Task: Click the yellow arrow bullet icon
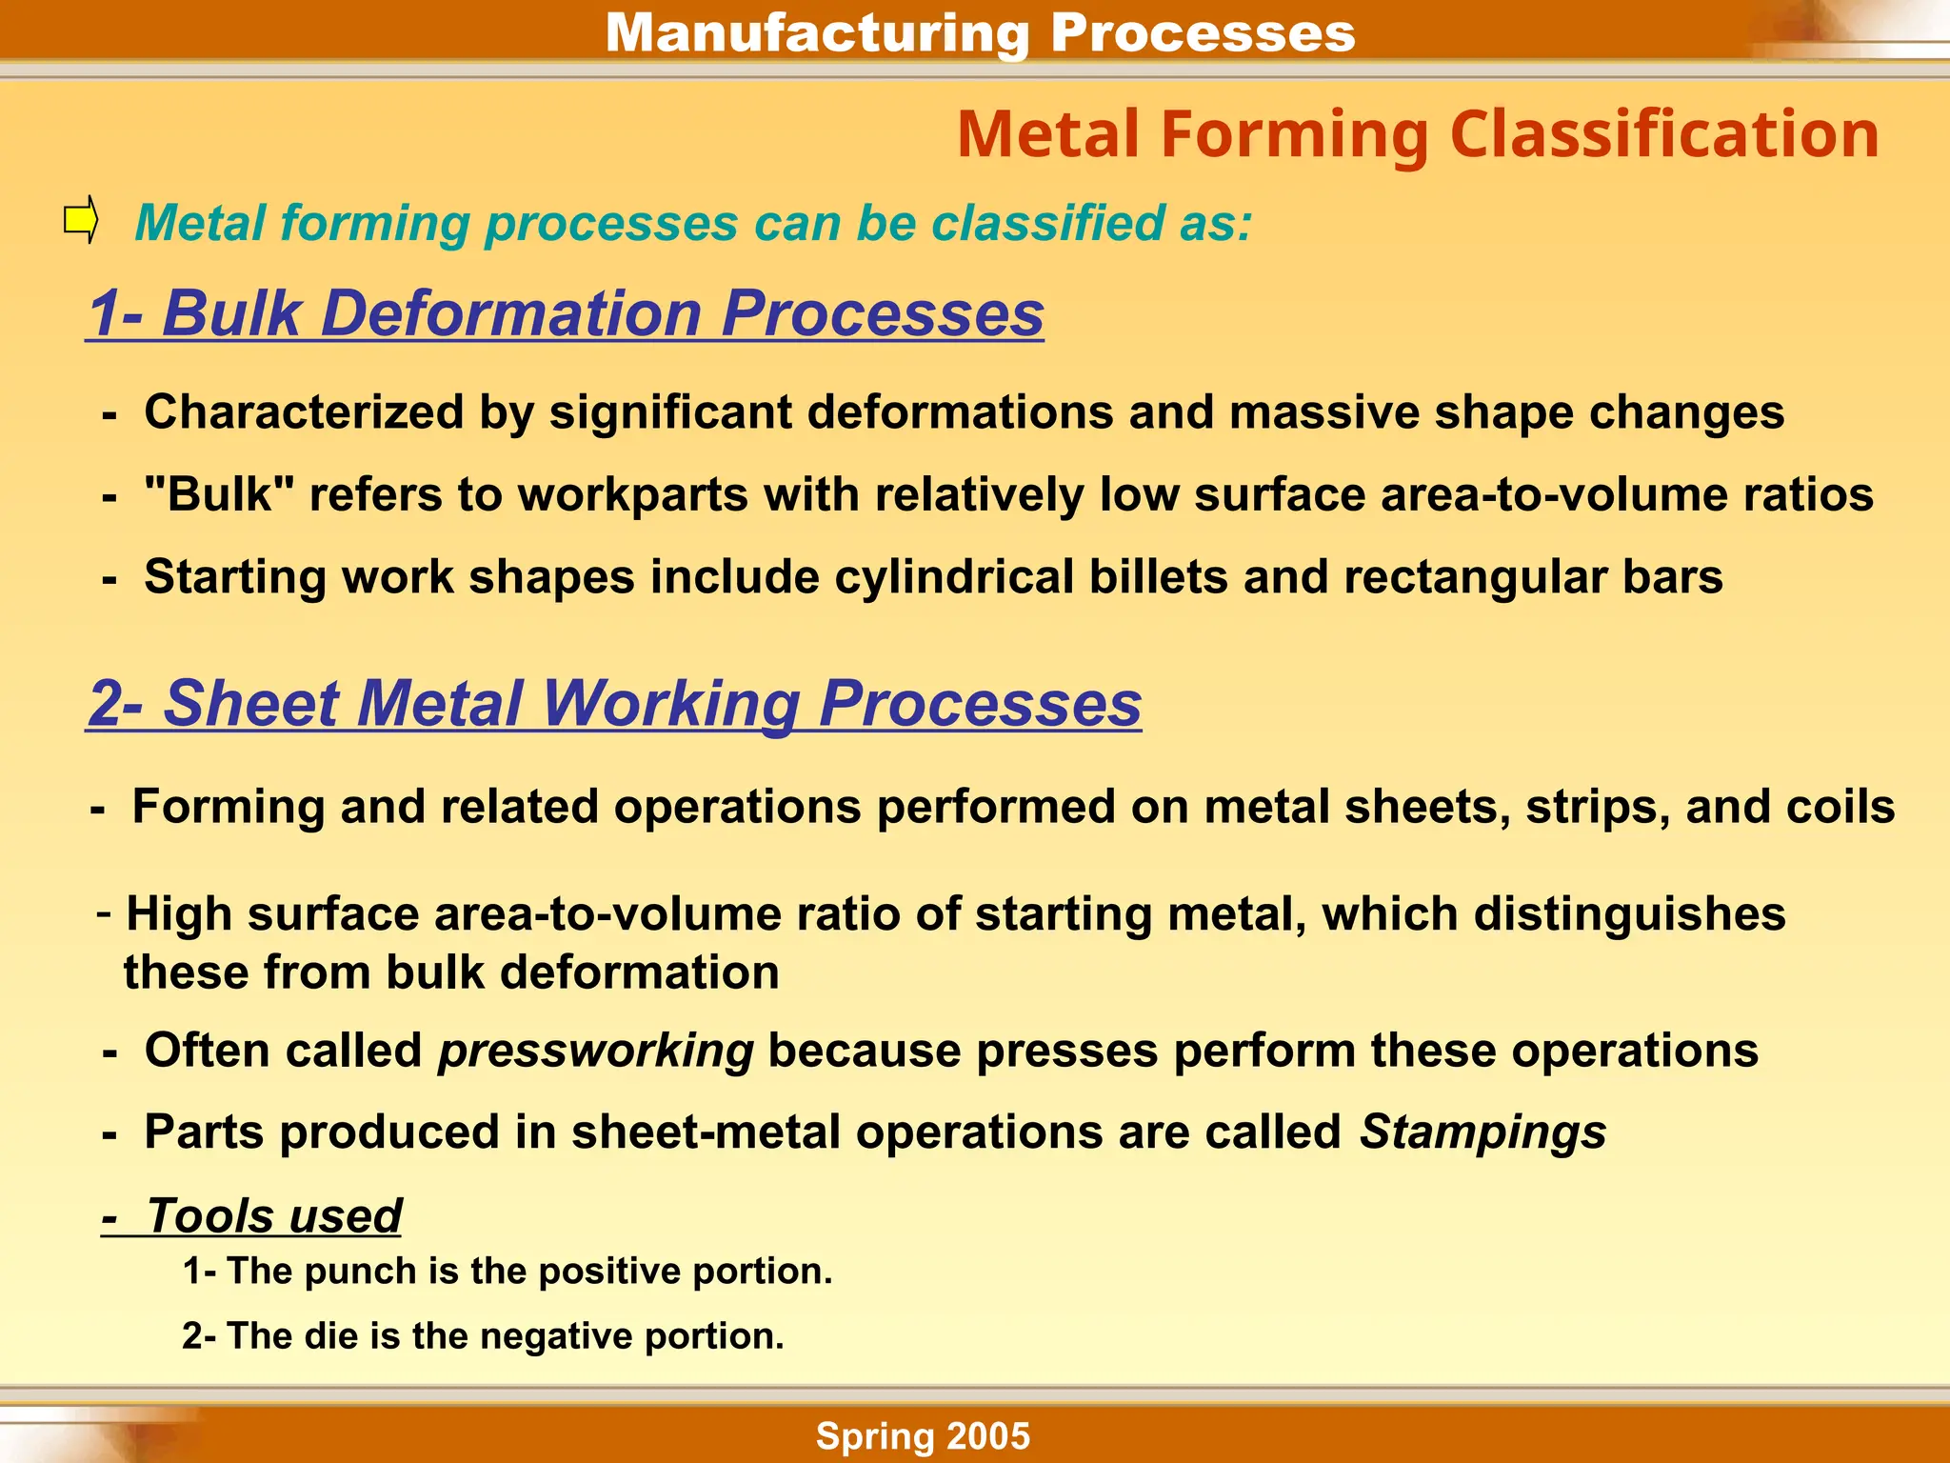(x=81, y=220)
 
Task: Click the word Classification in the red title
(x=1663, y=134)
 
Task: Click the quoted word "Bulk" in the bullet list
(x=219, y=494)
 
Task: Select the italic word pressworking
(x=595, y=1051)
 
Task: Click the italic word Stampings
(x=1482, y=1132)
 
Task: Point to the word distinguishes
(x=1629, y=914)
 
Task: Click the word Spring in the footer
(x=875, y=1436)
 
